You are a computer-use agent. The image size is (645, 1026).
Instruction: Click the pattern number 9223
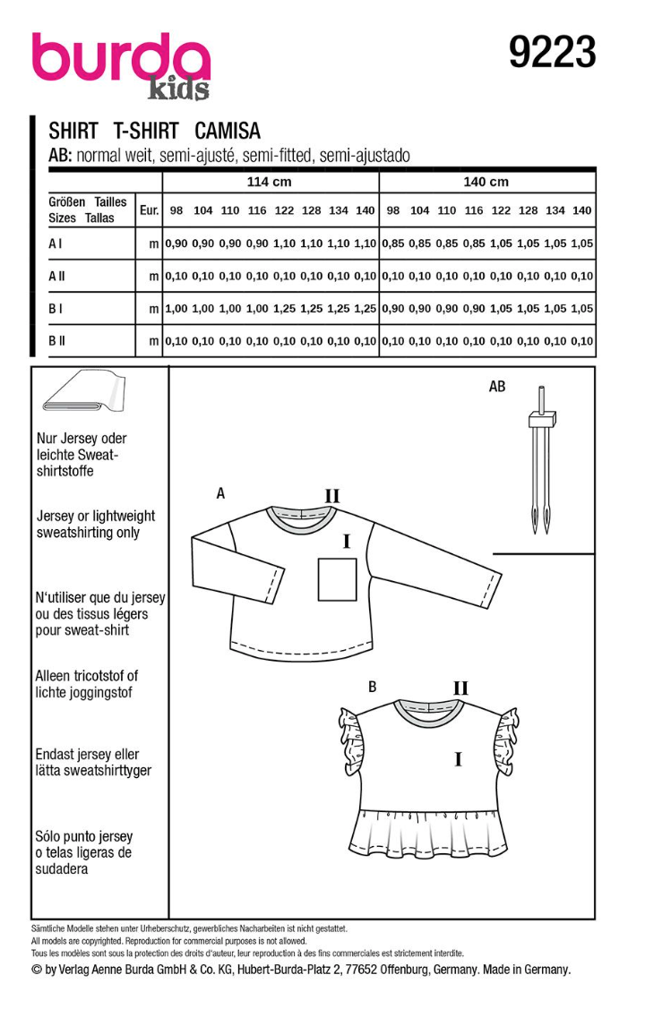[x=552, y=54]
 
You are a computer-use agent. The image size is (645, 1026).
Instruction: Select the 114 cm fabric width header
[x=270, y=182]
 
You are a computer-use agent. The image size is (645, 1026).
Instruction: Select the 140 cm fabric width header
[x=486, y=182]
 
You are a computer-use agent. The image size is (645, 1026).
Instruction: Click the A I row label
[x=56, y=243]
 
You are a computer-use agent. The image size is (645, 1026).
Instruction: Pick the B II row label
[x=58, y=340]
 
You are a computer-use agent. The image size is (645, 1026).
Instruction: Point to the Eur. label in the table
[x=150, y=211]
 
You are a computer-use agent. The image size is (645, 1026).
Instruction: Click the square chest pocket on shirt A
[x=339, y=578]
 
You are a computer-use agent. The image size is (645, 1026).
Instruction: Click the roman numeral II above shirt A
[x=331, y=497]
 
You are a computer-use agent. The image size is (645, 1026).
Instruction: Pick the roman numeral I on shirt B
[x=458, y=760]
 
